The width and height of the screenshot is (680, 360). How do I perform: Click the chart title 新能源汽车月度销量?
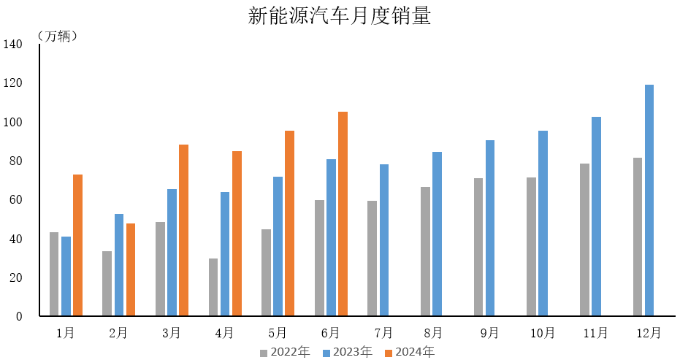(340, 16)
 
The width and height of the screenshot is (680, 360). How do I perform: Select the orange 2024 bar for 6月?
(343, 214)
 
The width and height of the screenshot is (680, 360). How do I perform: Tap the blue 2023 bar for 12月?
(649, 201)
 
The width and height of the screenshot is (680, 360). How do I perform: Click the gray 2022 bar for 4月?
(213, 287)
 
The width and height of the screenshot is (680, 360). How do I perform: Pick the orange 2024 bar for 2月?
(131, 269)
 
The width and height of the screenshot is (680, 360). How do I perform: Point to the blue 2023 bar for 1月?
(66, 276)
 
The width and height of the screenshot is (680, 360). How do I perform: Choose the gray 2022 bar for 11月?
(584, 240)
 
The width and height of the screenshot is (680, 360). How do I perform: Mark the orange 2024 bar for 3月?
(183, 230)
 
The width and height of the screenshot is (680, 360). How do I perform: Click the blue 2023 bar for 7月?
(384, 240)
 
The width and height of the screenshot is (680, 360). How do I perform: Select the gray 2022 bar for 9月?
(478, 247)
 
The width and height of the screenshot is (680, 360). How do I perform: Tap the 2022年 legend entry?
(285, 352)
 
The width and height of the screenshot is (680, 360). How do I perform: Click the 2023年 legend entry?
(347, 352)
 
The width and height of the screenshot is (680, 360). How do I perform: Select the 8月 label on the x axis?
(433, 333)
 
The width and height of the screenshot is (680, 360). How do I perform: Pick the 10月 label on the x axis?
(543, 333)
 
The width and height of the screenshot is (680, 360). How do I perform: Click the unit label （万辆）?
(56, 36)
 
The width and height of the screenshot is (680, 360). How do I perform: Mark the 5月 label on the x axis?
(278, 333)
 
